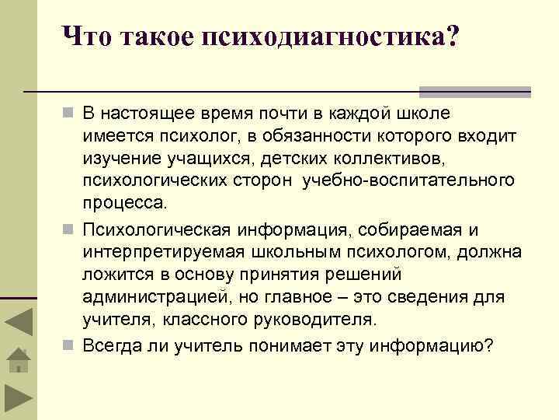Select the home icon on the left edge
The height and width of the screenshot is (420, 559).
click(x=18, y=361)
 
